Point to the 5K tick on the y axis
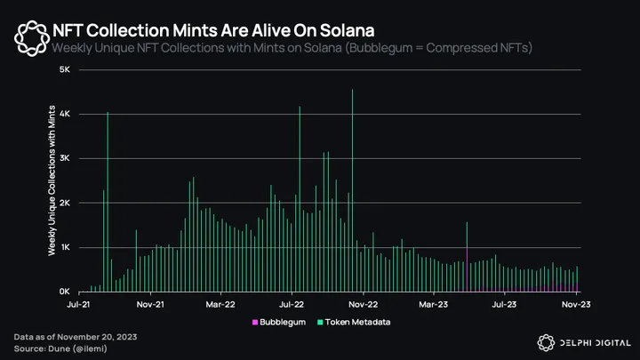click(x=64, y=69)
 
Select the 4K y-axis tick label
click(x=64, y=114)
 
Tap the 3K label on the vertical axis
click(x=64, y=158)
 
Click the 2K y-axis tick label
click(x=64, y=203)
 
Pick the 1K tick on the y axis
click(x=64, y=247)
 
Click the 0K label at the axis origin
click(x=64, y=292)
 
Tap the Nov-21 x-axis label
click(x=152, y=304)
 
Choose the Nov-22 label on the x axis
click(x=364, y=304)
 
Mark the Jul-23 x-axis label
click(x=505, y=304)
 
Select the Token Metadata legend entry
click(x=359, y=322)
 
